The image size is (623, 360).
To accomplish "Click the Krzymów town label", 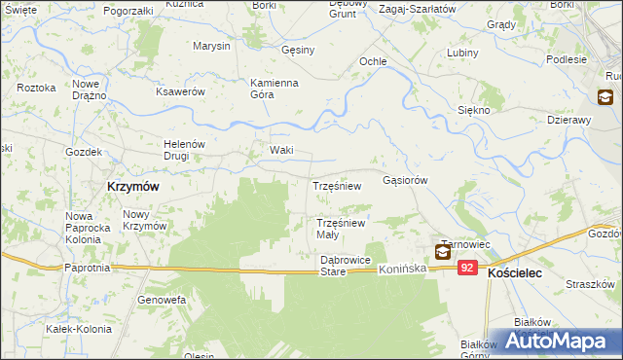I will (x=132, y=185).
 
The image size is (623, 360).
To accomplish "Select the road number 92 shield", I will (x=468, y=268).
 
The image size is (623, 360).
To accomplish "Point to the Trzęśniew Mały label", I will (x=341, y=229).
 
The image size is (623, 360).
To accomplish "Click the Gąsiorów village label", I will (x=406, y=180).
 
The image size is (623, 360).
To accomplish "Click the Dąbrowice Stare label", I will (x=347, y=266).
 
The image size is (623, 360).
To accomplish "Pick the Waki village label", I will (x=281, y=150).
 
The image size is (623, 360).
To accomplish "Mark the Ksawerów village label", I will (x=180, y=91).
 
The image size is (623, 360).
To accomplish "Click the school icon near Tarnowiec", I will (x=443, y=252).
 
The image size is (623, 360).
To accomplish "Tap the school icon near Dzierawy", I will (x=605, y=96).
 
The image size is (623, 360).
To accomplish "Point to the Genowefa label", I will (x=162, y=300).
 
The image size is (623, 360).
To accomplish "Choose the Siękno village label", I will (x=473, y=111).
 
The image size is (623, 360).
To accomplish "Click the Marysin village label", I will (x=211, y=46).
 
